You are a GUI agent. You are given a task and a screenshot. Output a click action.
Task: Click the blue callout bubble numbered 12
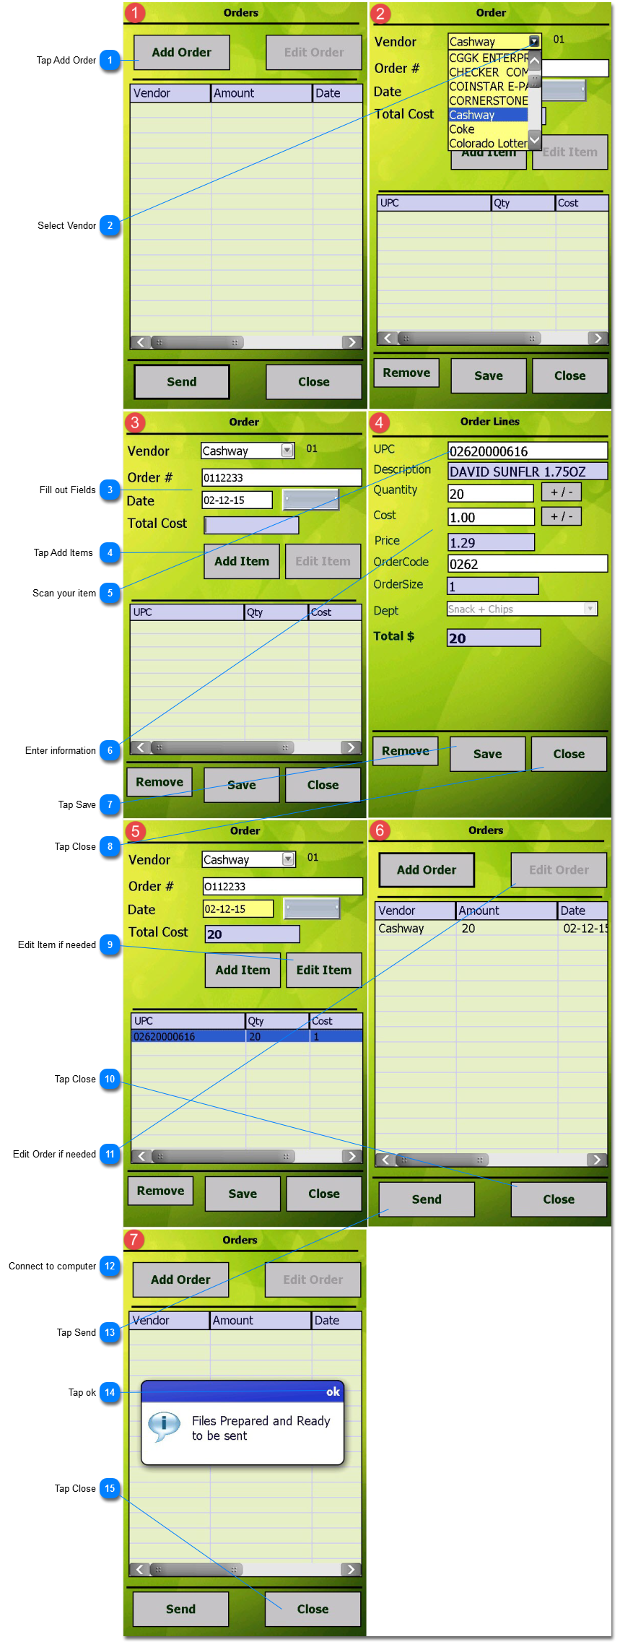coord(110,1266)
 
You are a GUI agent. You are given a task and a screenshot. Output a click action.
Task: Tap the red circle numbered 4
coord(380,422)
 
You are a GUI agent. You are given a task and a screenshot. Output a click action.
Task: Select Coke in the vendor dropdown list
coord(462,129)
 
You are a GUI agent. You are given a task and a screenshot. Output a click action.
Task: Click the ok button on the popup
coord(333,1391)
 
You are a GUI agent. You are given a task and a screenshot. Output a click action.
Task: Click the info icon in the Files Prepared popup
coord(164,1425)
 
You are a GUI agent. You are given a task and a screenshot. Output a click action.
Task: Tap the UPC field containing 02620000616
coord(527,451)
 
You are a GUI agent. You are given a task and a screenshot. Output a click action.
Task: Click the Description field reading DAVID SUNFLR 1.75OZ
coord(527,472)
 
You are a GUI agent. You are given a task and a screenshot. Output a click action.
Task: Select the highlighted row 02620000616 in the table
coord(245,1036)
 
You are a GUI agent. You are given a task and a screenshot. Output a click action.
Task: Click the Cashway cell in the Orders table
coord(401,929)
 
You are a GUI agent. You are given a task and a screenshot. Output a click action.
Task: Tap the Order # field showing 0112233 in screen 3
coord(281,477)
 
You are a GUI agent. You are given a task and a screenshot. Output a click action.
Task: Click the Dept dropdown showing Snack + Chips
coord(522,609)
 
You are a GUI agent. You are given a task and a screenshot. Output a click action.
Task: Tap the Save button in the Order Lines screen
coord(487,754)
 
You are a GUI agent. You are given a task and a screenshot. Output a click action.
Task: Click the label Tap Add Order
coord(66,60)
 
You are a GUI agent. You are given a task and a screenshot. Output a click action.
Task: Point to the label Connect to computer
coord(52,1266)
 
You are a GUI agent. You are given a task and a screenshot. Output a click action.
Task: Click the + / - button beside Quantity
coord(561,492)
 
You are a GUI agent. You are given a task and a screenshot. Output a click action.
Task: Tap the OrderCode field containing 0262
coord(527,564)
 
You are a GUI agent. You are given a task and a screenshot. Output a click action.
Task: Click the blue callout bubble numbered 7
coord(110,804)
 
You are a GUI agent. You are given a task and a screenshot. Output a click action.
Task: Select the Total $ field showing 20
coord(494,638)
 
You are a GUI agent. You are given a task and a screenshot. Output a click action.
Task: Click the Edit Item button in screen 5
coord(323,970)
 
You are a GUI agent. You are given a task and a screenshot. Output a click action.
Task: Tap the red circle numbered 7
coord(134,1240)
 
